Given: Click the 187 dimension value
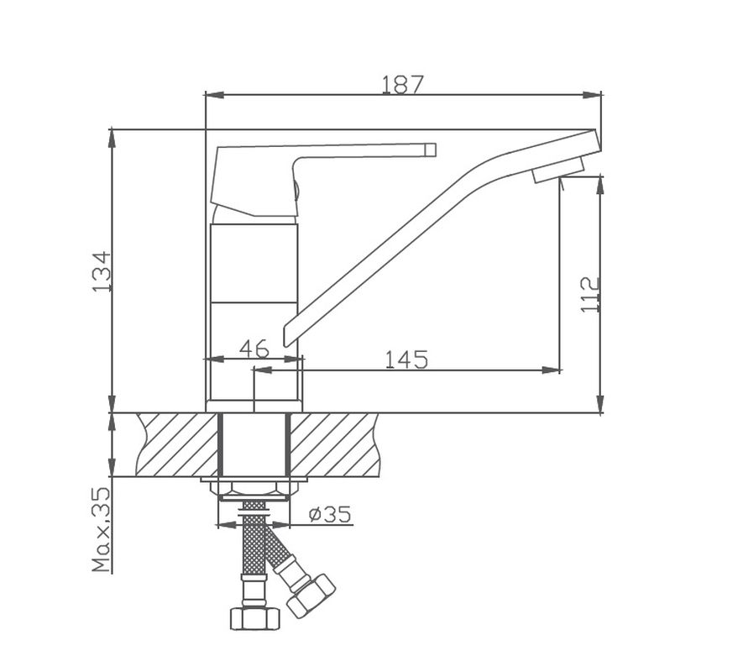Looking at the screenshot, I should point(403,84).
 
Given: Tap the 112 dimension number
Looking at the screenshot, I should point(591,294).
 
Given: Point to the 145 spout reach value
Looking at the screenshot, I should point(406,360).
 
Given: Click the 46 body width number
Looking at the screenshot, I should point(254,349).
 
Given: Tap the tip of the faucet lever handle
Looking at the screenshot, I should point(430,150).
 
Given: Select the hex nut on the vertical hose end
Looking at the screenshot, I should point(254,617).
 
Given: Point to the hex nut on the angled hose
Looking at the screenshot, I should point(311,595).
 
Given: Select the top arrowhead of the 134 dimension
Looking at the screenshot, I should point(112,135).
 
